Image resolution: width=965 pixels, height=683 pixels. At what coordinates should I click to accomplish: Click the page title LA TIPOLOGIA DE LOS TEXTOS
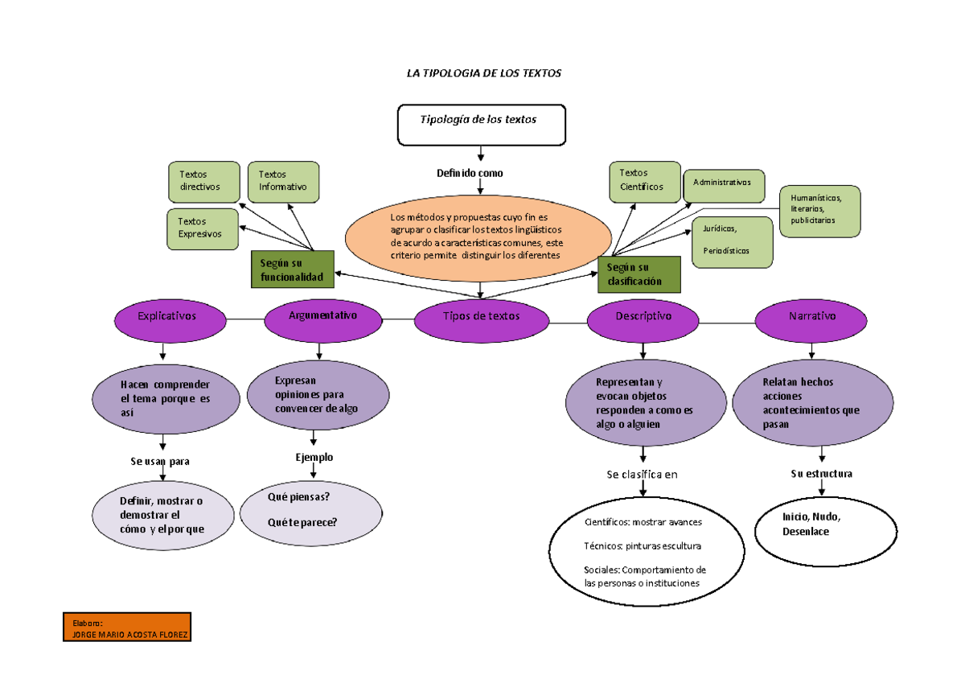coord(483,73)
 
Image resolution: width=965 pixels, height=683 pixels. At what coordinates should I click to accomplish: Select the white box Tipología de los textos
coord(481,124)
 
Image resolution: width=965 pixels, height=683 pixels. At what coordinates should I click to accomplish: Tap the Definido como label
coord(470,173)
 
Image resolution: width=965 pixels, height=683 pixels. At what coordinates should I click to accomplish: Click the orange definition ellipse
coord(479,237)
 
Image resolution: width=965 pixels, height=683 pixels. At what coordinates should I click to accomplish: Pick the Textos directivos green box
coord(204,181)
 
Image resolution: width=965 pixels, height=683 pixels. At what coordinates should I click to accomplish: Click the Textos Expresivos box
coord(203,228)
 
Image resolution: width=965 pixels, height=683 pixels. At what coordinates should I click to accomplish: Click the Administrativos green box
coord(724,183)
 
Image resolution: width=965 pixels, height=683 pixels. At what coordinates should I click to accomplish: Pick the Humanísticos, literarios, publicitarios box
coord(819,211)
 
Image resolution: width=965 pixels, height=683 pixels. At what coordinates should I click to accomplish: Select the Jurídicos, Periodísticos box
coord(732,241)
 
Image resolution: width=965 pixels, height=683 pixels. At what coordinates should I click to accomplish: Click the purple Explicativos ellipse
coord(167,317)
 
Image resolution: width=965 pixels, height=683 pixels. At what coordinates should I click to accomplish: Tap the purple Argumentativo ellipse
coord(322,317)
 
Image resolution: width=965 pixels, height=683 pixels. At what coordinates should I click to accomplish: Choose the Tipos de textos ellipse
coord(481,317)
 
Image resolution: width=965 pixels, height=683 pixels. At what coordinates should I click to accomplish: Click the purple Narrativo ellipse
coord(811,317)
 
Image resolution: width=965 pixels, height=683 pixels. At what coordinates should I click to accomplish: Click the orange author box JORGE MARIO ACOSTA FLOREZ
coord(126,627)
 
